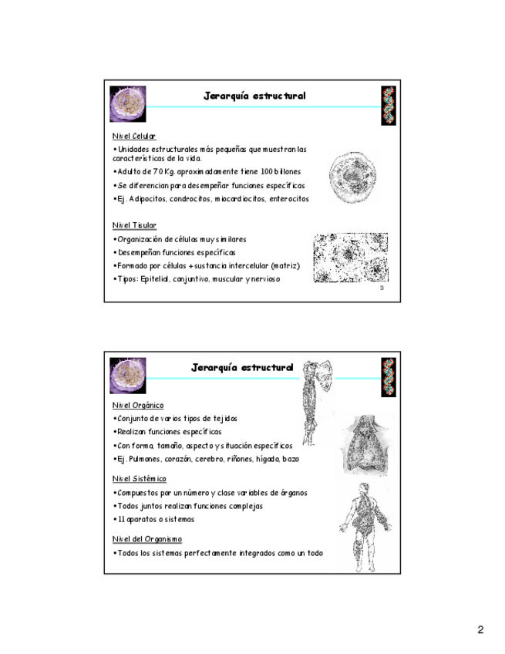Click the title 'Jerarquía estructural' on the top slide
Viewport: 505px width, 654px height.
[x=254, y=96]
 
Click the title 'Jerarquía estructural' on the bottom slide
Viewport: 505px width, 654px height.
[x=242, y=368]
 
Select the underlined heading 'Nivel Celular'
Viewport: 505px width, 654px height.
[x=133, y=136]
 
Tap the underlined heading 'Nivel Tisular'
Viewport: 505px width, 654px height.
[x=134, y=225]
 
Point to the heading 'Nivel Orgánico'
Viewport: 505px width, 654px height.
[x=137, y=405]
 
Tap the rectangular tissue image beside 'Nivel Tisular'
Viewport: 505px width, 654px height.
[x=350, y=258]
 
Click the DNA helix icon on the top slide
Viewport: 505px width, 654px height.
[x=387, y=104]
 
